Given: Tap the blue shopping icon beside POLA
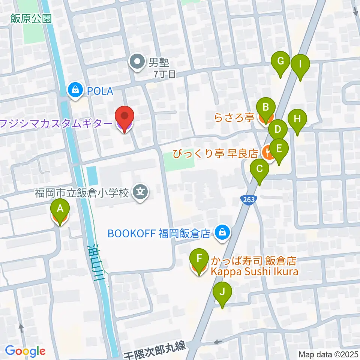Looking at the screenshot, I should coord(75,90).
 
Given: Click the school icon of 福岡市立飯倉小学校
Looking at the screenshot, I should coord(141,193).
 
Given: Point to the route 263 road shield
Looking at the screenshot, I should coord(247,199).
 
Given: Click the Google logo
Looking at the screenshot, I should coord(25,351).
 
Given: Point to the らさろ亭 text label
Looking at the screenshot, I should coord(235,118).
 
